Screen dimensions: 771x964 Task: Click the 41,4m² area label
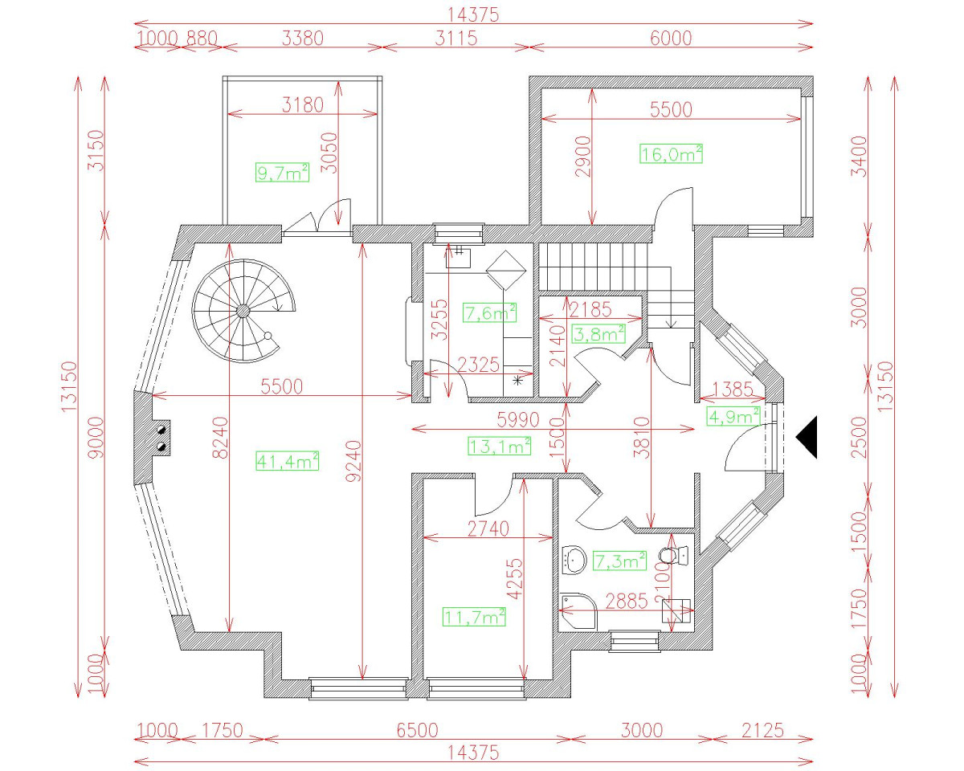(288, 460)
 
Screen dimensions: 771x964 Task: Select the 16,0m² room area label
(671, 153)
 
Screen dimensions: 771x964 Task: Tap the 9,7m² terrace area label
(282, 172)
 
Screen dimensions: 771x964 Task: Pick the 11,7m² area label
(474, 616)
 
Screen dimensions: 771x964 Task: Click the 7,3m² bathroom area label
(619, 561)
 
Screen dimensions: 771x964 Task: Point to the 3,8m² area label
(598, 333)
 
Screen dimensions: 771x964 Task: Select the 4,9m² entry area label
(733, 416)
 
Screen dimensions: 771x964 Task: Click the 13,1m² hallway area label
(499, 444)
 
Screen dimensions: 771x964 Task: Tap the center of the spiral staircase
(243, 311)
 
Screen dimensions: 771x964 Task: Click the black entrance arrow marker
(807, 437)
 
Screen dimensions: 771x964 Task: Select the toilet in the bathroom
(672, 554)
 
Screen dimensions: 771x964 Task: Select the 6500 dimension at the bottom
(417, 730)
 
